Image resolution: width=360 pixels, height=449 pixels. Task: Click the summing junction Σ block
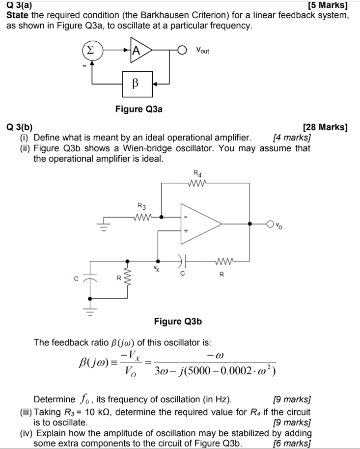90,50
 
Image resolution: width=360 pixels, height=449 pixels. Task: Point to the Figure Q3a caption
138,109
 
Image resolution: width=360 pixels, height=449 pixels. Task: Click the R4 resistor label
197,172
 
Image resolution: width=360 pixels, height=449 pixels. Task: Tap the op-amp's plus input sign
186,230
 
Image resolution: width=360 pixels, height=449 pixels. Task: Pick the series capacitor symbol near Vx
182,261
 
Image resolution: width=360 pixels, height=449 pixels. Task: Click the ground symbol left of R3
104,225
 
